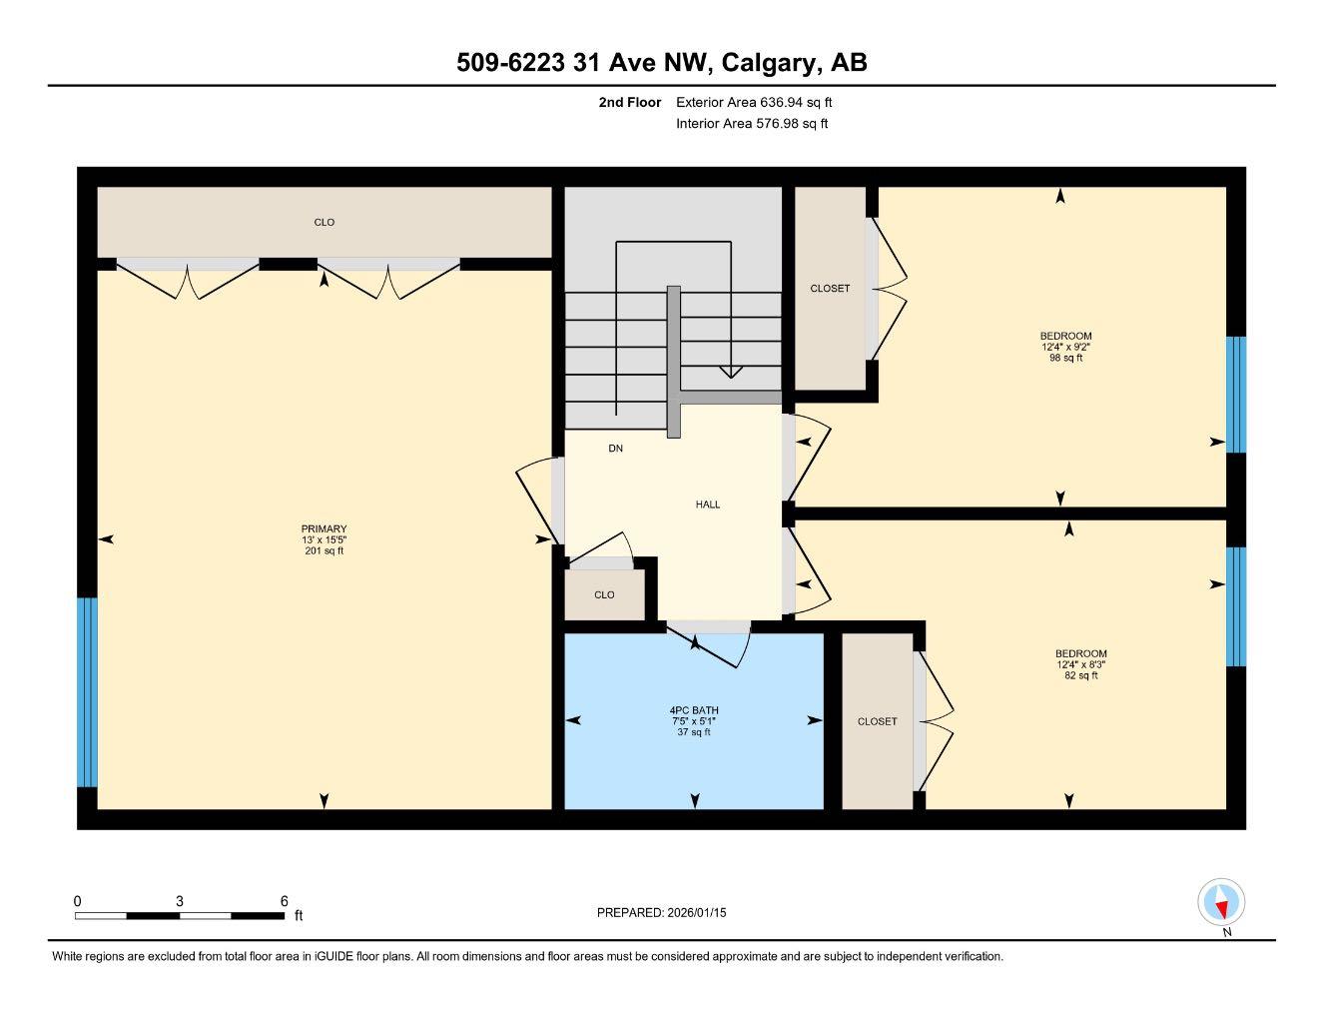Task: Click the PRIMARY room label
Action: (x=324, y=529)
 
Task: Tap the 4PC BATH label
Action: (x=695, y=710)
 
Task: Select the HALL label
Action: (x=708, y=505)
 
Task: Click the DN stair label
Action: (x=616, y=449)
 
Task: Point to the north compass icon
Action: (x=1221, y=903)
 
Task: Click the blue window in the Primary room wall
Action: (x=88, y=692)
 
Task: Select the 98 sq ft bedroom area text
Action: (x=1065, y=358)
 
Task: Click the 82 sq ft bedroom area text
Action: (x=1080, y=675)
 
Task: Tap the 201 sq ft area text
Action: (x=324, y=551)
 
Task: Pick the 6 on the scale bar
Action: (x=285, y=900)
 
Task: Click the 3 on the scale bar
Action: (x=180, y=900)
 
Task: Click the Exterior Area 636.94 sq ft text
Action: (x=754, y=102)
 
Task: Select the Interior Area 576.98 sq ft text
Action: (x=752, y=124)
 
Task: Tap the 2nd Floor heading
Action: (x=630, y=102)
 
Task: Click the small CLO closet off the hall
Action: (x=604, y=595)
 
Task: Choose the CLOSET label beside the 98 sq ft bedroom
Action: (x=830, y=289)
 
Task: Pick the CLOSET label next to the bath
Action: (x=877, y=721)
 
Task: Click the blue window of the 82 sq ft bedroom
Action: (x=1236, y=606)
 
